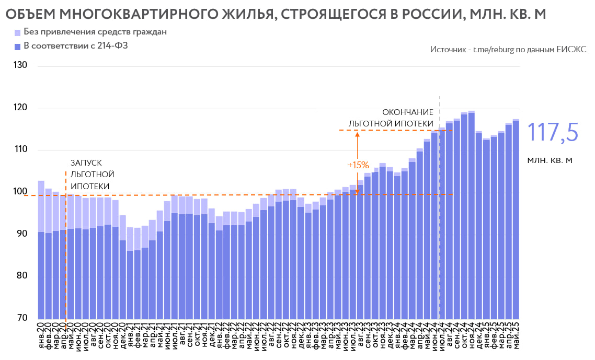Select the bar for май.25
pos(516,219)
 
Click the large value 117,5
pos(552,132)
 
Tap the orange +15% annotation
pos(358,165)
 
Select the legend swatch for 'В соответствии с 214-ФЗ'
pos(18,47)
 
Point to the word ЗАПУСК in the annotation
pos(86,163)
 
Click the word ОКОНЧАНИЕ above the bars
pos(408,112)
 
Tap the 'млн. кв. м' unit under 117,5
pos(551,160)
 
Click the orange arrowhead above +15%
pos(357,134)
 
